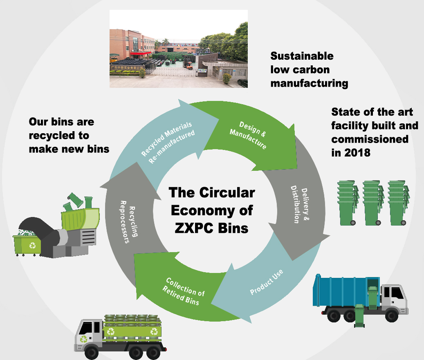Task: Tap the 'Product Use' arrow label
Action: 266,282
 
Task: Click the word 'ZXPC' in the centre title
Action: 192,228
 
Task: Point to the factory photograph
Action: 178,49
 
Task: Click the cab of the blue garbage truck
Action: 394,296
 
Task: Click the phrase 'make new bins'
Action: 69,149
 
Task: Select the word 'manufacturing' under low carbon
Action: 309,83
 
